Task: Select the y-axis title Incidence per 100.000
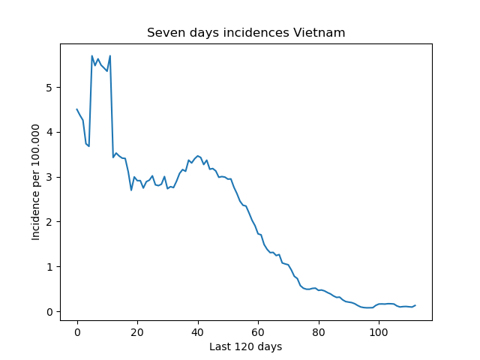35,182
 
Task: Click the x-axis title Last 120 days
245,346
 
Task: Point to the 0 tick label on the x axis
77,332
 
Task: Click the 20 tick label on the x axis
137,332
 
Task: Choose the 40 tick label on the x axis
197,332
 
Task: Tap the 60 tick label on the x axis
258,332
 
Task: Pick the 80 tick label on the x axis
318,332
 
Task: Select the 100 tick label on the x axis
379,332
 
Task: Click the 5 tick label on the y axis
49,88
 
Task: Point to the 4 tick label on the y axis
49,133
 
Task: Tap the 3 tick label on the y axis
49,177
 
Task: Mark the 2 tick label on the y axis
49,222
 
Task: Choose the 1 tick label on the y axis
49,267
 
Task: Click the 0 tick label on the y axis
49,312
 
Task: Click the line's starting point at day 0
76,109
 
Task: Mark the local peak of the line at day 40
198,156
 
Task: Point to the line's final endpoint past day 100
415,305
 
